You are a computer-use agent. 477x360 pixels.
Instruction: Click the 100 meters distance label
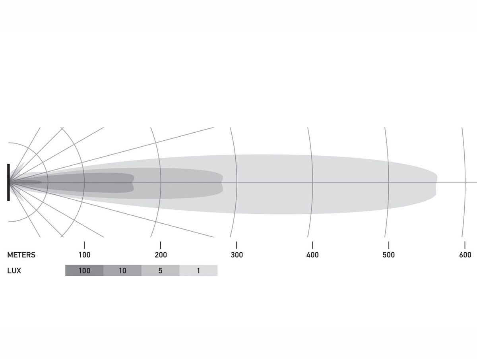point(84,255)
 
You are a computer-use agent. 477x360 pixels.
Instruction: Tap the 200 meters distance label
point(161,255)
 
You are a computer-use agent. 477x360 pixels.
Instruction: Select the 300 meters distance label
point(237,255)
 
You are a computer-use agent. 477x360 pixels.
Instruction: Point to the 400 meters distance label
point(312,255)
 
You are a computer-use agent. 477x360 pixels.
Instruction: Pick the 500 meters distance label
point(388,255)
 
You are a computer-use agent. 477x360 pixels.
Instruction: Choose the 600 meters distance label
point(465,255)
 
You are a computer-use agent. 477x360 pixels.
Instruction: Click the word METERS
point(21,255)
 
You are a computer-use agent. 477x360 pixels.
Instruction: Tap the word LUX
point(14,271)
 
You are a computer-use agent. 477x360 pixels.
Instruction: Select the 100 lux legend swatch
point(84,271)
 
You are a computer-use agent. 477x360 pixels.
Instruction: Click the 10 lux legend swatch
point(122,271)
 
